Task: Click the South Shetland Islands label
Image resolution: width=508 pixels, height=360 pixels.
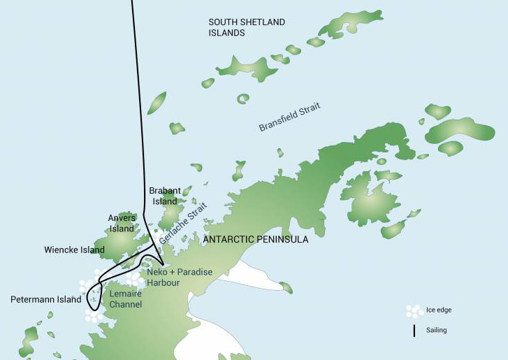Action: (x=247, y=27)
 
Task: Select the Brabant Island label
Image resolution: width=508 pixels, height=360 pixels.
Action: (x=165, y=196)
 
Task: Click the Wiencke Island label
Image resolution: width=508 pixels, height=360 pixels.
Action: (x=74, y=250)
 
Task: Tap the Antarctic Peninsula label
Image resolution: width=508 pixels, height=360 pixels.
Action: (x=255, y=240)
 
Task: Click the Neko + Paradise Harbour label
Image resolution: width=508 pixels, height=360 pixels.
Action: (x=180, y=277)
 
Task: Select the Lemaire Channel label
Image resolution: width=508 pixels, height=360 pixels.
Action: (x=126, y=299)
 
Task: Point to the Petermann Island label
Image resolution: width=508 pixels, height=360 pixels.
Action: (x=45, y=299)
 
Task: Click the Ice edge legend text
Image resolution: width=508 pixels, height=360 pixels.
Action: (x=440, y=310)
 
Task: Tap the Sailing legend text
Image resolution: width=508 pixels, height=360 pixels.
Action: (x=437, y=330)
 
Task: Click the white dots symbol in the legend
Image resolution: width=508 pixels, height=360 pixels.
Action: (x=414, y=310)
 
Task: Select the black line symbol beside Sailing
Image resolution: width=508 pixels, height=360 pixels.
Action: (x=414, y=330)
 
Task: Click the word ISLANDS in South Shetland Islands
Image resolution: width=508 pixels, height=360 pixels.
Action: (x=226, y=33)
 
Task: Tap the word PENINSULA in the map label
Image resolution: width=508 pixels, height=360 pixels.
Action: (x=283, y=240)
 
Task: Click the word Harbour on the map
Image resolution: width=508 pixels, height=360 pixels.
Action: (x=164, y=282)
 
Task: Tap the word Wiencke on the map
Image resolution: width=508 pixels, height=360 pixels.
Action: (x=61, y=250)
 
